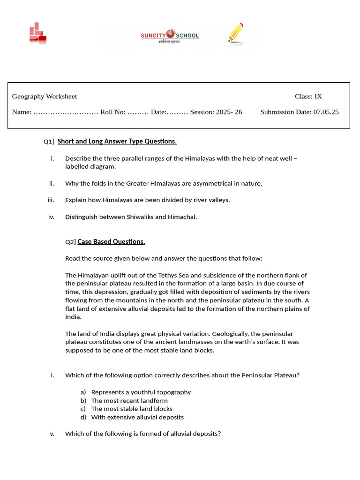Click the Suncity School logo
pyautogui.click(x=170, y=36)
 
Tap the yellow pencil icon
pyautogui.click(x=236, y=33)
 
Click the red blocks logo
pyautogui.click(x=37, y=34)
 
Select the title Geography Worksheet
pyautogui.click(x=45, y=97)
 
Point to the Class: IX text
pyautogui.click(x=308, y=97)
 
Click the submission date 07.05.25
pyautogui.click(x=326, y=112)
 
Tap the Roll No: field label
pyautogui.click(x=113, y=112)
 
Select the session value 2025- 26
pyautogui.click(x=229, y=112)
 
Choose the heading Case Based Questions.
pyautogui.click(x=112, y=242)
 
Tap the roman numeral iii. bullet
pyautogui.click(x=51, y=200)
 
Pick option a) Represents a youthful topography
pyautogui.click(x=141, y=392)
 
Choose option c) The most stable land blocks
pyautogui.click(x=132, y=409)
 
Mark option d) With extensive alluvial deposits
pyautogui.click(x=137, y=417)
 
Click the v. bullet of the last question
pyautogui.click(x=52, y=434)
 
